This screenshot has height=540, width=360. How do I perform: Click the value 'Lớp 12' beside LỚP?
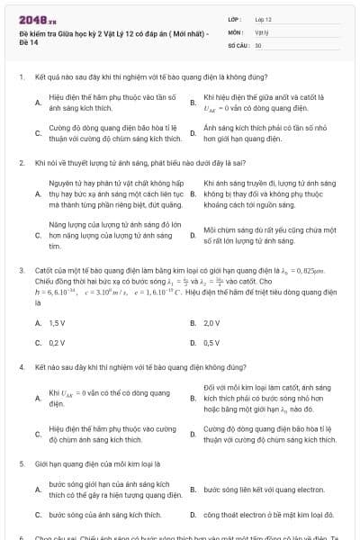263,19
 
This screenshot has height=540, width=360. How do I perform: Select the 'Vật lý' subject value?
261,31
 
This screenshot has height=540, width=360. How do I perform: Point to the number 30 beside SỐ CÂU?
258,44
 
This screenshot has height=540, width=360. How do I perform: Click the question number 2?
21,164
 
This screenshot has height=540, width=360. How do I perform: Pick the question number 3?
21,269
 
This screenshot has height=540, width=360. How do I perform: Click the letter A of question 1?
37,103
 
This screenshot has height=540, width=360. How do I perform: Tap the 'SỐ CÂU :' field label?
238,44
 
